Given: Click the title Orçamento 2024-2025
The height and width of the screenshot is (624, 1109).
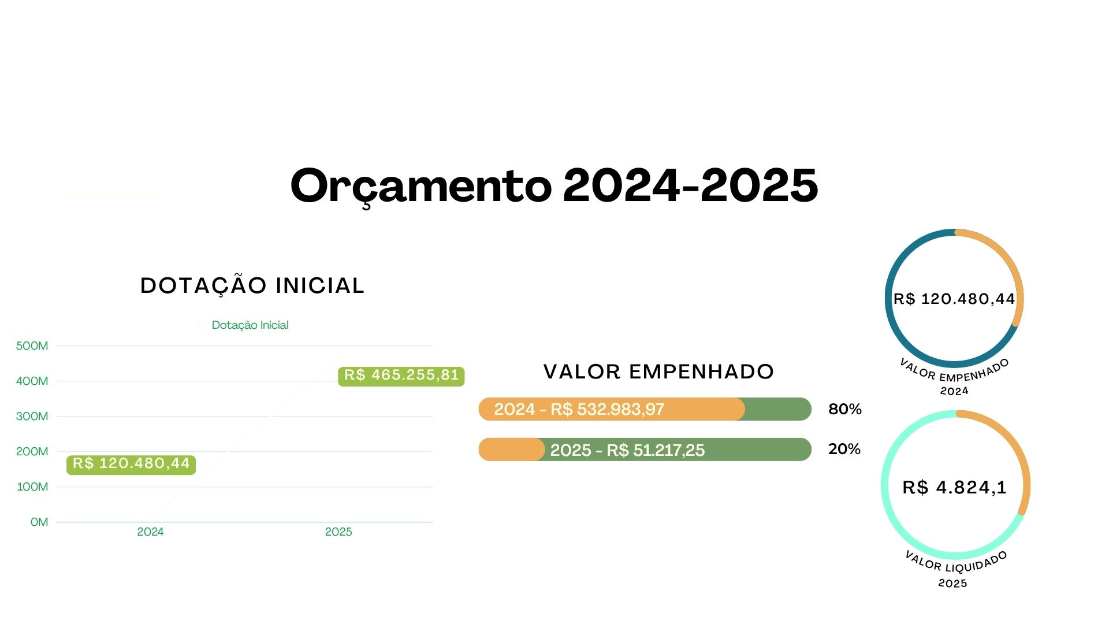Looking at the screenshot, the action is pyautogui.click(x=554, y=186).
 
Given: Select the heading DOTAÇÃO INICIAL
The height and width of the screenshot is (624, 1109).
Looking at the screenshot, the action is pyautogui.click(x=252, y=286).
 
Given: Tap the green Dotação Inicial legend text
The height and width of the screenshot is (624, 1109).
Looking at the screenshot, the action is pyautogui.click(x=250, y=325).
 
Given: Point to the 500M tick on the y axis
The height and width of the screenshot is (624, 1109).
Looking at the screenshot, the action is pyautogui.click(x=32, y=346).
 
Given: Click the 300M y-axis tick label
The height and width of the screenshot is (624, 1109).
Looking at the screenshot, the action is pyautogui.click(x=32, y=417).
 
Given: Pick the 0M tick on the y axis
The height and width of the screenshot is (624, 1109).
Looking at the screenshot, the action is pyautogui.click(x=39, y=522).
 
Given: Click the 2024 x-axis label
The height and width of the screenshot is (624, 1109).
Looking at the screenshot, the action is pyautogui.click(x=150, y=532).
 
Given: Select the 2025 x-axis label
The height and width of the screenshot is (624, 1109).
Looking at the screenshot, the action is pyautogui.click(x=338, y=532).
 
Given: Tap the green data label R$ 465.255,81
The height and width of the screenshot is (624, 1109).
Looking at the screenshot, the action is pyautogui.click(x=401, y=376).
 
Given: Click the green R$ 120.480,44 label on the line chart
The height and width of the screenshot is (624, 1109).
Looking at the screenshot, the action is pyautogui.click(x=131, y=464).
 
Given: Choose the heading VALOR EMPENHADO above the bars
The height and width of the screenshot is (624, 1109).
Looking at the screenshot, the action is pyautogui.click(x=658, y=372).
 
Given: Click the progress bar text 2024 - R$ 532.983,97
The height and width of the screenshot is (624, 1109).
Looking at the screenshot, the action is pyautogui.click(x=579, y=410).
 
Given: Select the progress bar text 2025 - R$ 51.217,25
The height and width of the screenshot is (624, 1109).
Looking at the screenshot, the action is pyautogui.click(x=627, y=450).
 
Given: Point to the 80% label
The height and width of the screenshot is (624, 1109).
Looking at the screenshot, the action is pyautogui.click(x=845, y=410).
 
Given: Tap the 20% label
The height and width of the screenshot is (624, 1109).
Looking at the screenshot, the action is pyautogui.click(x=844, y=450).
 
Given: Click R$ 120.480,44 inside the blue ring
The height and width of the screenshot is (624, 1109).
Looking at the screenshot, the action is pyautogui.click(x=954, y=299).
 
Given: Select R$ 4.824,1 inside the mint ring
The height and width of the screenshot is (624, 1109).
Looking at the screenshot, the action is pyautogui.click(x=955, y=488).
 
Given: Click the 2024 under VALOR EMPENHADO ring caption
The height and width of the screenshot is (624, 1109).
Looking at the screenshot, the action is pyautogui.click(x=954, y=391).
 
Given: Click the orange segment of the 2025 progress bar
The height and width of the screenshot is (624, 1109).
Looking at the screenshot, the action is pyautogui.click(x=512, y=450).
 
